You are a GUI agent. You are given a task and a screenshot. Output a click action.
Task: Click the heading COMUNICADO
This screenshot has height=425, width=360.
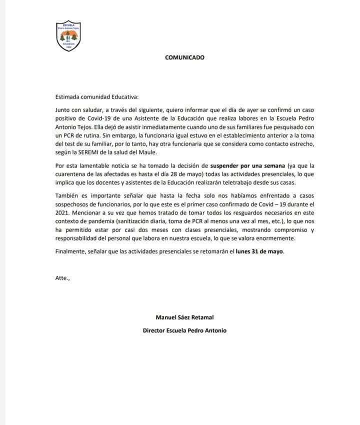(184, 57)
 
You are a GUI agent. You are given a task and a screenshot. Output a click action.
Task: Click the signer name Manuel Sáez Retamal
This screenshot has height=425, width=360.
(184, 317)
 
